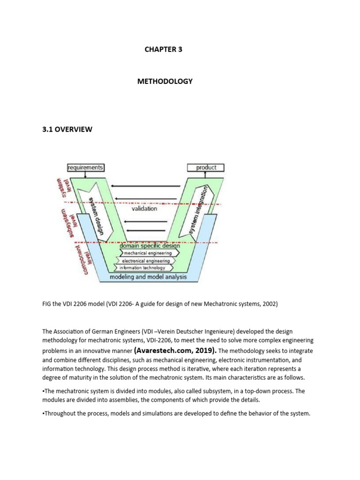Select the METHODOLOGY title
pos(165,81)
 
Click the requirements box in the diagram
pos(85,167)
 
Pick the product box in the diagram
pos(206,167)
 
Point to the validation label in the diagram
pos(144,208)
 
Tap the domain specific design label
pos(150,246)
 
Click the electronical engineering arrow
pos(146,261)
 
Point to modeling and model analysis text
pos(148,277)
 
